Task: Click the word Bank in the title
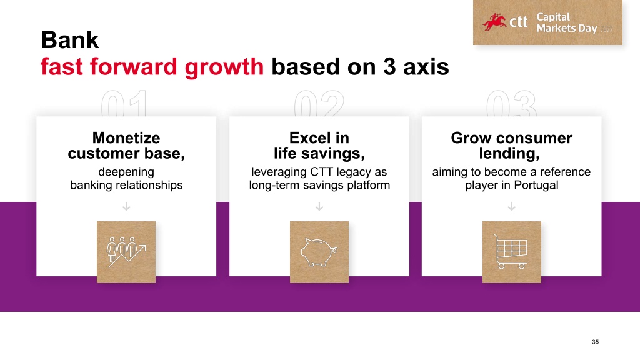(70, 40)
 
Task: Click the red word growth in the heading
(224, 66)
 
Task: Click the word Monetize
(126, 138)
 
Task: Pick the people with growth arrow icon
(126, 252)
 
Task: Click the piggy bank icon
(319, 252)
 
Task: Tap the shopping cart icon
(511, 252)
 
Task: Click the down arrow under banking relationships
(126, 206)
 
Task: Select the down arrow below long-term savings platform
(319, 206)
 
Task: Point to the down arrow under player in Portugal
(511, 206)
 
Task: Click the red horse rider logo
(494, 22)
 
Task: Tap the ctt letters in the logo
(518, 22)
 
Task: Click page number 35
(596, 342)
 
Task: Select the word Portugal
(536, 185)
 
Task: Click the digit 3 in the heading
(389, 66)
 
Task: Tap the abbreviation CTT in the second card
(322, 172)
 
